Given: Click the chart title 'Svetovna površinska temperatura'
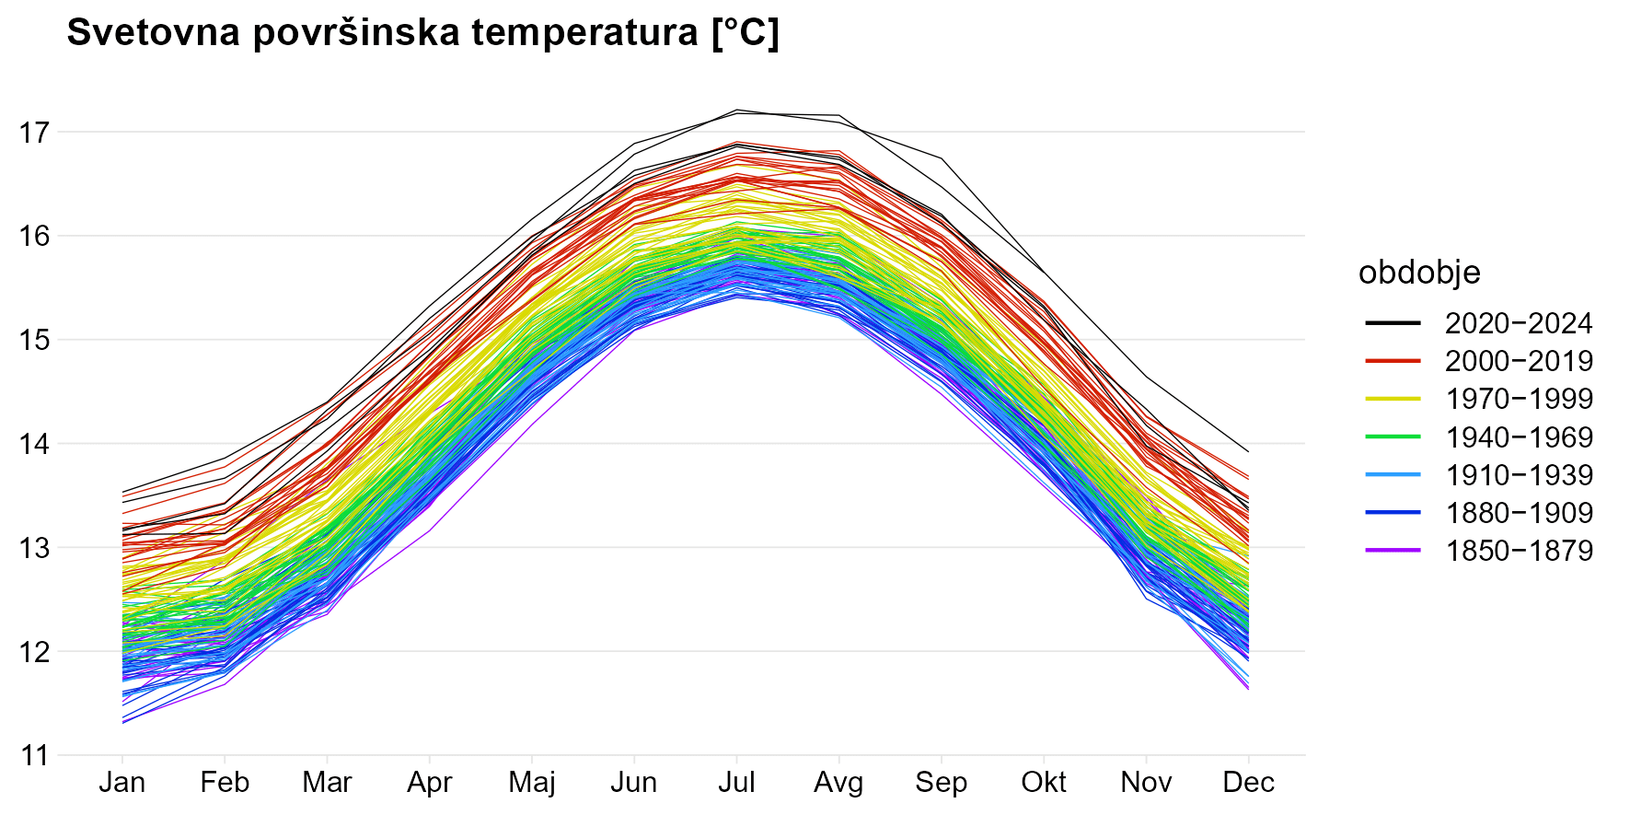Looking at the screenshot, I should pyautogui.click(x=422, y=33).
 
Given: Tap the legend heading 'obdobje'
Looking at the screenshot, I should pyautogui.click(x=1419, y=273).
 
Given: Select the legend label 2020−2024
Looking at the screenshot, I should pyautogui.click(x=1519, y=323).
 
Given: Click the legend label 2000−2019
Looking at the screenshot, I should pyautogui.click(x=1519, y=361).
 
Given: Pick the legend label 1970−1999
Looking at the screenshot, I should pyautogui.click(x=1519, y=399).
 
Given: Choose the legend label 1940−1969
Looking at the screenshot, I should pyautogui.click(x=1519, y=437).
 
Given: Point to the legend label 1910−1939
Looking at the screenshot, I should pyautogui.click(x=1519, y=475).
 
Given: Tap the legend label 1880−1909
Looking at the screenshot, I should pyautogui.click(x=1519, y=513).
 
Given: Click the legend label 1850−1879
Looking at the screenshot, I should pyautogui.click(x=1519, y=551).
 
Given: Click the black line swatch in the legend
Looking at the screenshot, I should pyautogui.click(x=1393, y=323).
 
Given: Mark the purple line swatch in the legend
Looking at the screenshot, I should pyautogui.click(x=1393, y=551).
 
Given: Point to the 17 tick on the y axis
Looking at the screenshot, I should pyautogui.click(x=34, y=133).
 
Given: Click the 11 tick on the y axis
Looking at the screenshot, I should pyautogui.click(x=34, y=756).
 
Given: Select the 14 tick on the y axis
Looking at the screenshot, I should pyautogui.click(x=34, y=444).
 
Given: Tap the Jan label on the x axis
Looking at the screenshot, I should pyautogui.click(x=122, y=783).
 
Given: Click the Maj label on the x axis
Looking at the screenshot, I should pyautogui.click(x=532, y=783).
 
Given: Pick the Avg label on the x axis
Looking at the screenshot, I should pyautogui.click(x=838, y=783).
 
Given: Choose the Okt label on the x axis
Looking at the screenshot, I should pyautogui.click(x=1044, y=783).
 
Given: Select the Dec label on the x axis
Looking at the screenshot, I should pyautogui.click(x=1248, y=783).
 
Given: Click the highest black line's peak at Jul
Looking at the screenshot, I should pyautogui.click(x=736, y=110).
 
